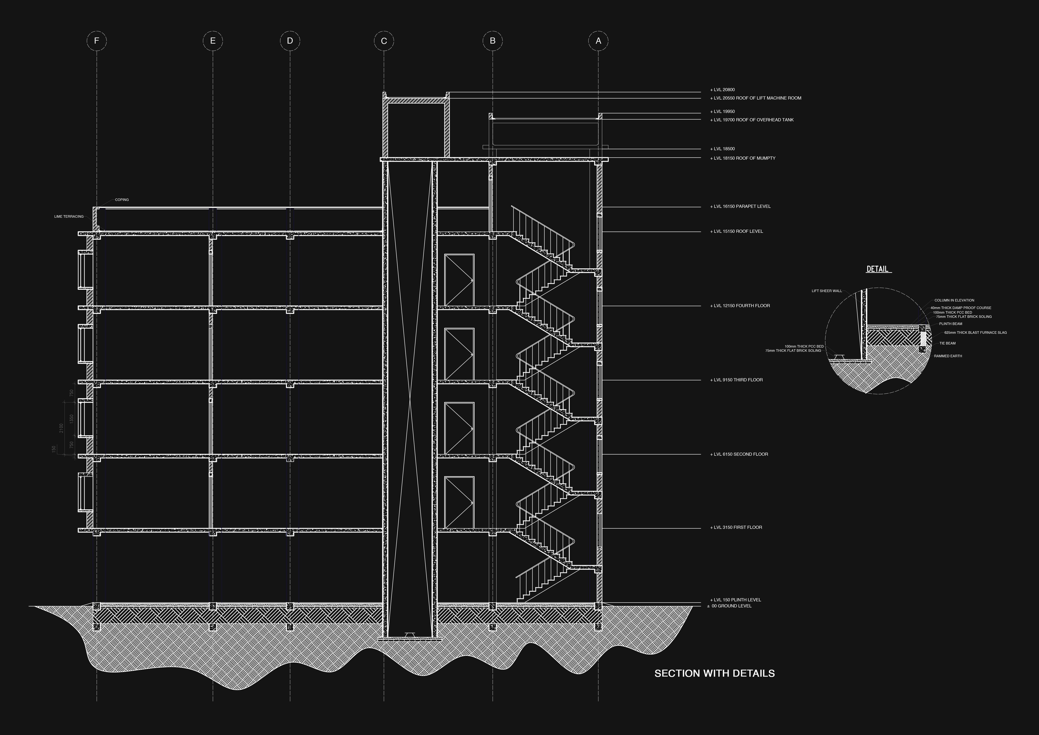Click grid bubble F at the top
coord(96,41)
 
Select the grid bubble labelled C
coord(384,41)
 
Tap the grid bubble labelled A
coord(598,41)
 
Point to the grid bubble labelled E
coord(213,41)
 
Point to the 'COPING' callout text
coord(122,200)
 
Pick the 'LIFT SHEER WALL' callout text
coord(827,291)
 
